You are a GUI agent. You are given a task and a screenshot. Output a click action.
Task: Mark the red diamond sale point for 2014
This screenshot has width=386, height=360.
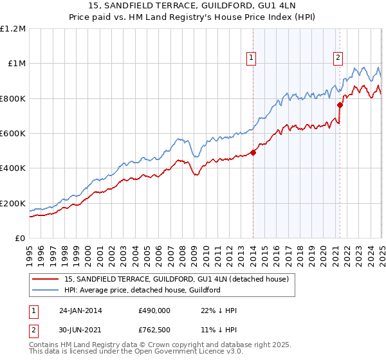coord(253,153)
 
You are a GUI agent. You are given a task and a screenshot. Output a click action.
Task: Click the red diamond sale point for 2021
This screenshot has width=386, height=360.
coord(340,105)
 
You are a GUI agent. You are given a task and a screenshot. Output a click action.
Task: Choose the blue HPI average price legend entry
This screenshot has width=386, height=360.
coord(142,290)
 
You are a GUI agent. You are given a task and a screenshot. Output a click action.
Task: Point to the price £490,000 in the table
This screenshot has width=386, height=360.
coord(154,310)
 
